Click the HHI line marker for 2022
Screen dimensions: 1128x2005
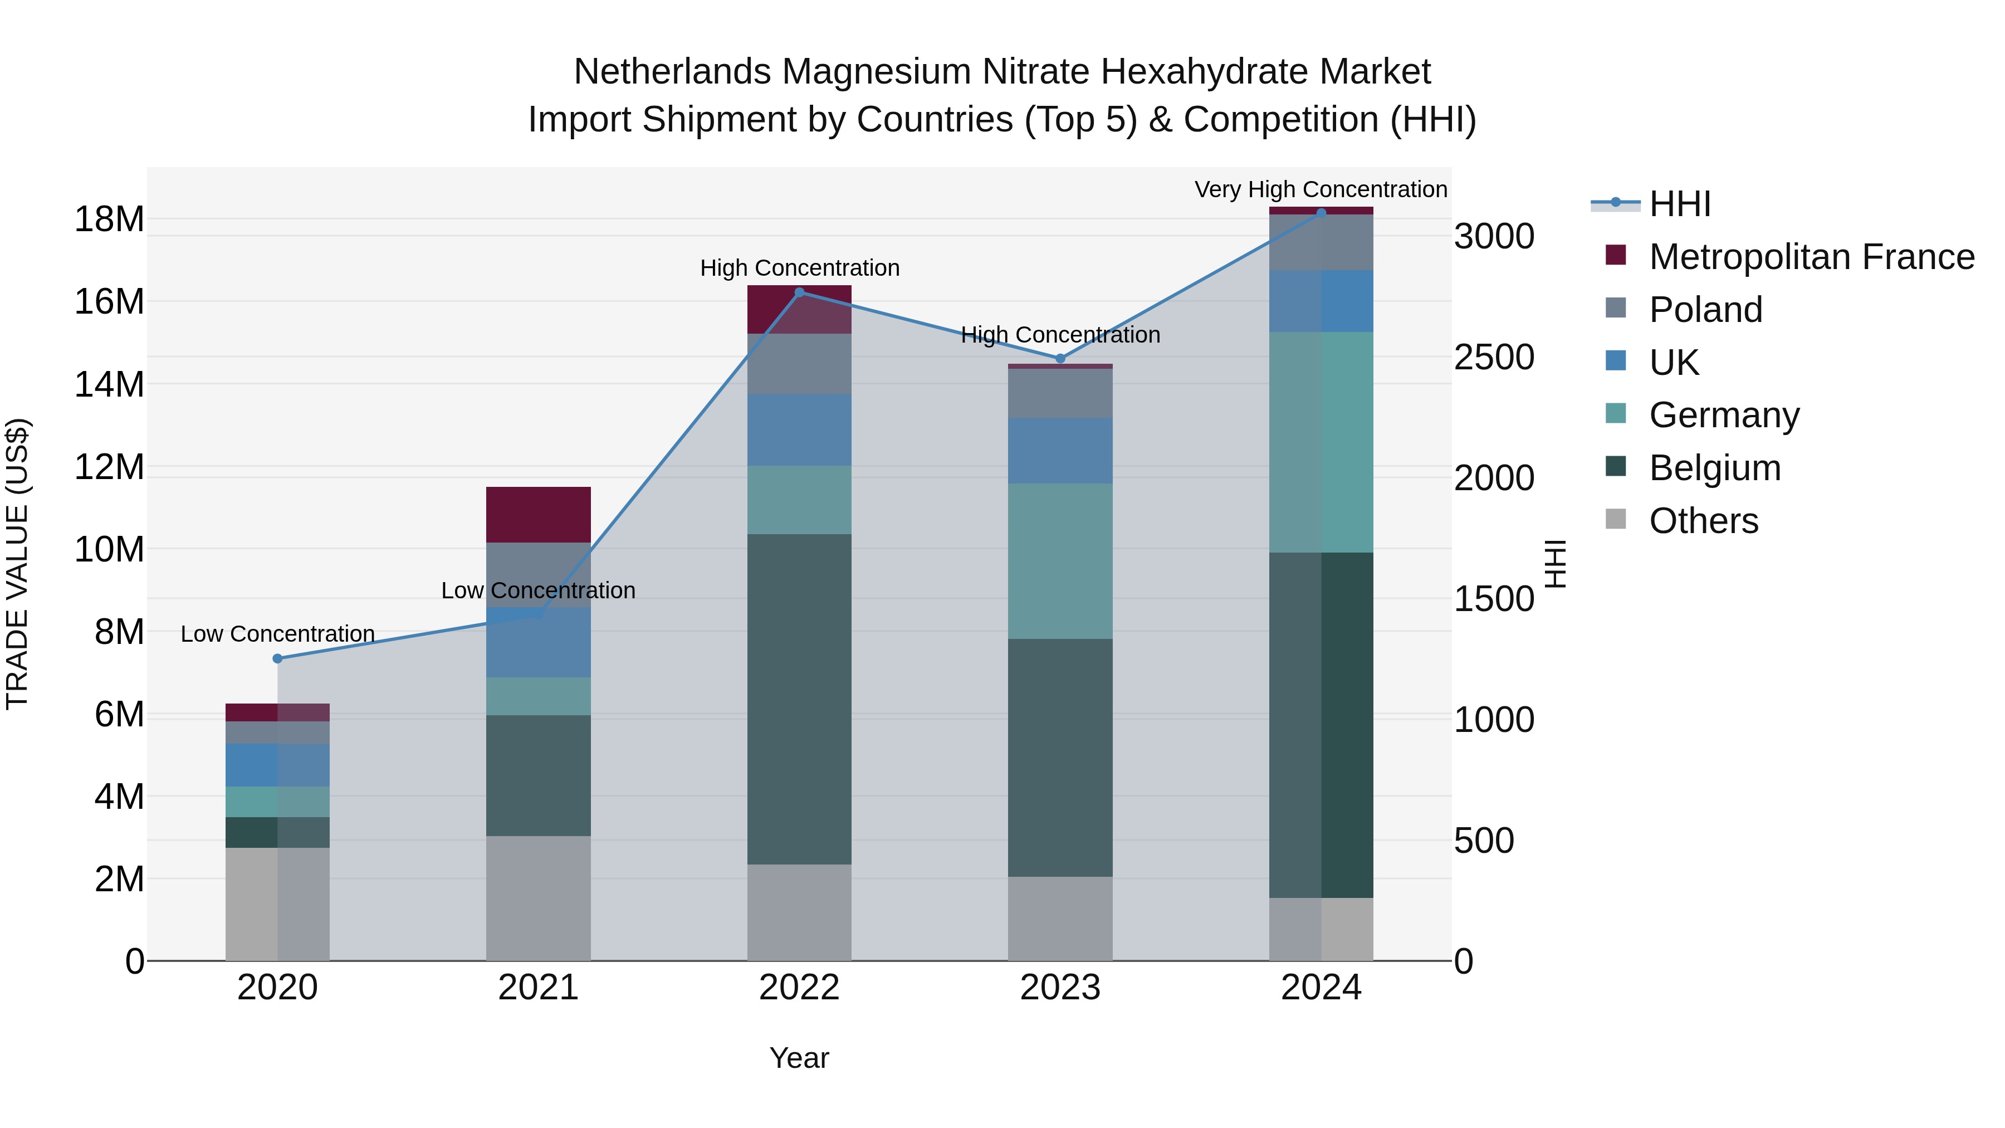tap(799, 292)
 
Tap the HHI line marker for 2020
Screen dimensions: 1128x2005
tap(278, 658)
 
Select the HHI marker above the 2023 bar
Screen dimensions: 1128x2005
tap(1060, 359)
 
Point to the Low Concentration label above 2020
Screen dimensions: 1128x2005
tap(278, 634)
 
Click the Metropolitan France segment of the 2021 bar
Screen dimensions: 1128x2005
tap(538, 515)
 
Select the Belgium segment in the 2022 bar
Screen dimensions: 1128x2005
tap(799, 699)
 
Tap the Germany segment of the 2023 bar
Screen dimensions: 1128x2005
tap(1060, 561)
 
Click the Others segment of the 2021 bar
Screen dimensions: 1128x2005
tap(538, 899)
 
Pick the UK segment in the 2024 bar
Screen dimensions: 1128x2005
tap(1321, 301)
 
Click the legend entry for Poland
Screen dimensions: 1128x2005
tap(1705, 310)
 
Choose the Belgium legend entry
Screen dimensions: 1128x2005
tap(1714, 468)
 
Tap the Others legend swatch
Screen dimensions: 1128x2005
tap(1616, 519)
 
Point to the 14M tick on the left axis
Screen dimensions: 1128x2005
tap(109, 384)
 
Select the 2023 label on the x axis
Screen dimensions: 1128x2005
tap(1060, 988)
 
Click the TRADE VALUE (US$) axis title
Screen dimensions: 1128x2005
tap(17, 564)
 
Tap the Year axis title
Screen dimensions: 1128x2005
tap(799, 1058)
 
